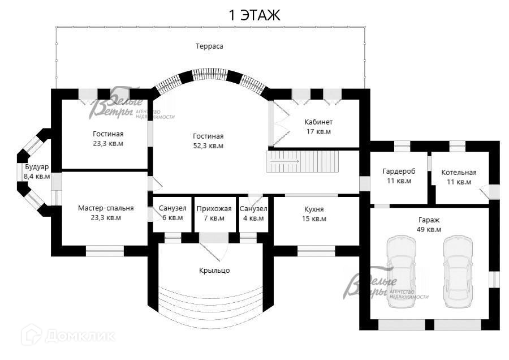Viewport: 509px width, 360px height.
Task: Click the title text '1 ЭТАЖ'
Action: coord(255,15)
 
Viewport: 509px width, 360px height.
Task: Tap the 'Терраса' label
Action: coord(209,46)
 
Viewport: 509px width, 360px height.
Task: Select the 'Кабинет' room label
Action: coord(318,122)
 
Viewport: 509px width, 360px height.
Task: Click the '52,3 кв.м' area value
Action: coord(208,146)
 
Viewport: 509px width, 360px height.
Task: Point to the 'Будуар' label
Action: coord(37,167)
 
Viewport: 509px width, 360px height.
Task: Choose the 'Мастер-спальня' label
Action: coord(106,208)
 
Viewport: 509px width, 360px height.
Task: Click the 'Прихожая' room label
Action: coord(214,209)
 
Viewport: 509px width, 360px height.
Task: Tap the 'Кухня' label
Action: coord(314,209)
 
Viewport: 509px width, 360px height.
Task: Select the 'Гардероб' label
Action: coord(399,172)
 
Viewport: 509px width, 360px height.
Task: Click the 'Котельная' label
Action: coord(459,173)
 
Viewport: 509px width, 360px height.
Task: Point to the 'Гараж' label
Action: coord(429,220)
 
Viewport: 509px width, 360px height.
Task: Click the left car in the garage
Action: coord(402,272)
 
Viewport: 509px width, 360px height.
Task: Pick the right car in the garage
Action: coord(458,272)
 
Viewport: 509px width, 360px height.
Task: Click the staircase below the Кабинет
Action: coord(303,161)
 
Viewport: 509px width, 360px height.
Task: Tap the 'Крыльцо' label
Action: coord(214,271)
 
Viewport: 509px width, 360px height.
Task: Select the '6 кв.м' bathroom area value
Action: coord(172,218)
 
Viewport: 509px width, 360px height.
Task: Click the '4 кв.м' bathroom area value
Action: coord(253,218)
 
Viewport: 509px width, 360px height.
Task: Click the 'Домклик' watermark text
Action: coord(80,336)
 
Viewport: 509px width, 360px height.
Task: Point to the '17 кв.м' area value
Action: coord(319,131)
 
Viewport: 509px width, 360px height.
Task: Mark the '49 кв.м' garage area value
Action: coord(429,230)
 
